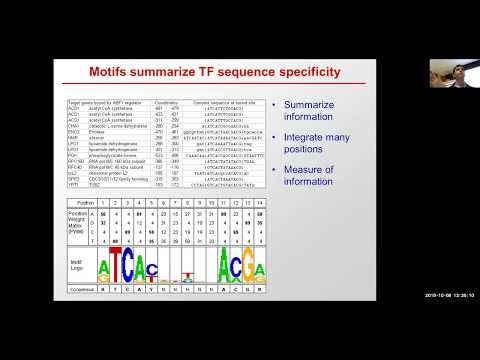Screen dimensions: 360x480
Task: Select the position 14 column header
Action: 261,201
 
